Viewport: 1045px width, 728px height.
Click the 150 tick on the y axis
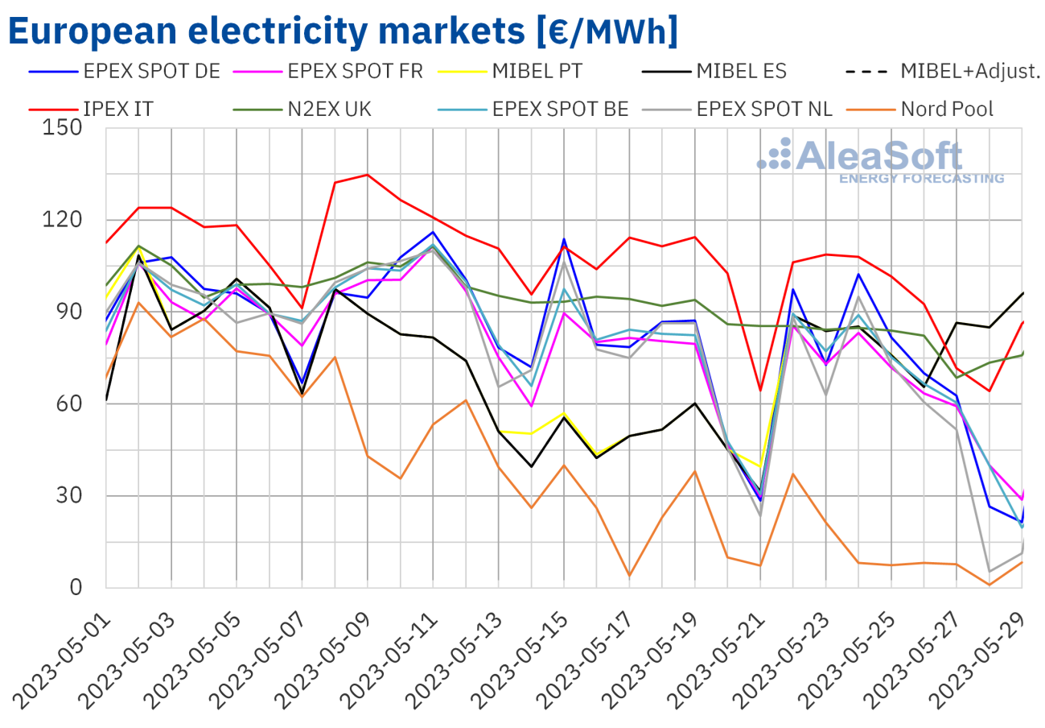coord(65,128)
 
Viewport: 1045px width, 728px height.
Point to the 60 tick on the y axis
coord(72,404)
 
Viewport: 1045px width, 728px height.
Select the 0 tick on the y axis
coord(78,588)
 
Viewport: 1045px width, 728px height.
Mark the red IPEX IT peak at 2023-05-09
coord(368,175)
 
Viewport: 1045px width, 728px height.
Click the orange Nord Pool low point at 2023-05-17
coord(630,576)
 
